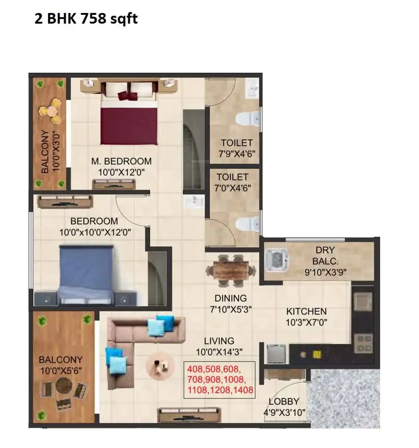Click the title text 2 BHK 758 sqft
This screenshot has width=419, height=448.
[86, 19]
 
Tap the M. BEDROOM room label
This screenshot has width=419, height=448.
[121, 161]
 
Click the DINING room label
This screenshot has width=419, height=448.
[231, 298]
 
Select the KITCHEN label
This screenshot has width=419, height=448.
[306, 311]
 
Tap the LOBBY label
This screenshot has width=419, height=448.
[284, 402]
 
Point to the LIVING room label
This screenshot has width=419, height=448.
[219, 341]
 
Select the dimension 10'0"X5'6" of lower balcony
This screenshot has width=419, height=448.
[61, 370]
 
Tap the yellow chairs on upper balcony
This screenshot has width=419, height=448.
[50, 111]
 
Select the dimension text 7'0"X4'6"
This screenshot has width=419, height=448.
[232, 188]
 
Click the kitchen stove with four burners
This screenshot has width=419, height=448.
[363, 343]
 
